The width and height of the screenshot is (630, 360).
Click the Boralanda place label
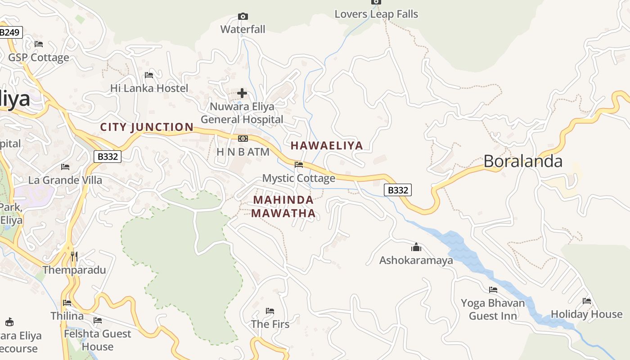tap(523, 161)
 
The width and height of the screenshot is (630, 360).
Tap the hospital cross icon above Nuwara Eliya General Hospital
tap(242, 93)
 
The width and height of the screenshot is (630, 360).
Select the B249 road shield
tap(10, 32)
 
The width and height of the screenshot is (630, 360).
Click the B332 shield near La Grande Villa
tap(108, 157)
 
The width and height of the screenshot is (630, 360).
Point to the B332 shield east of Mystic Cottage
tap(398, 190)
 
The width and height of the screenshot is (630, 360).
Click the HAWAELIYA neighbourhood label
tap(327, 145)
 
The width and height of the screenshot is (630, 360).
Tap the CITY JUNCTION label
tap(147, 127)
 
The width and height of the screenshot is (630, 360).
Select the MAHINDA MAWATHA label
tap(283, 207)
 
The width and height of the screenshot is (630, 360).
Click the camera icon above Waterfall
tap(243, 17)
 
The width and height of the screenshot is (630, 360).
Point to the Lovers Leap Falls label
tap(376, 14)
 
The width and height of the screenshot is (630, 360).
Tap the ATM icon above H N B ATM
tap(243, 139)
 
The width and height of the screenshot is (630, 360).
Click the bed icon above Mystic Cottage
tap(298, 165)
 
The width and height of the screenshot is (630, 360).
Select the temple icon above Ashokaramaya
tap(416, 247)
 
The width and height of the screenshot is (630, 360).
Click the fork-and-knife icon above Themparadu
tap(74, 256)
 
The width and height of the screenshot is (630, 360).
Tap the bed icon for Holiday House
tap(587, 301)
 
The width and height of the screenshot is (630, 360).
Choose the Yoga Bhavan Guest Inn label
tap(493, 309)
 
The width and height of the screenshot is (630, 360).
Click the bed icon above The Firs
tap(270, 311)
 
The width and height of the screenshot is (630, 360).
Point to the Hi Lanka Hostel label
tap(149, 88)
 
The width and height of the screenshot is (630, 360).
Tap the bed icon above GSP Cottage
tap(39, 44)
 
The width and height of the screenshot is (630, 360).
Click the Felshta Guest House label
tap(98, 340)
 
